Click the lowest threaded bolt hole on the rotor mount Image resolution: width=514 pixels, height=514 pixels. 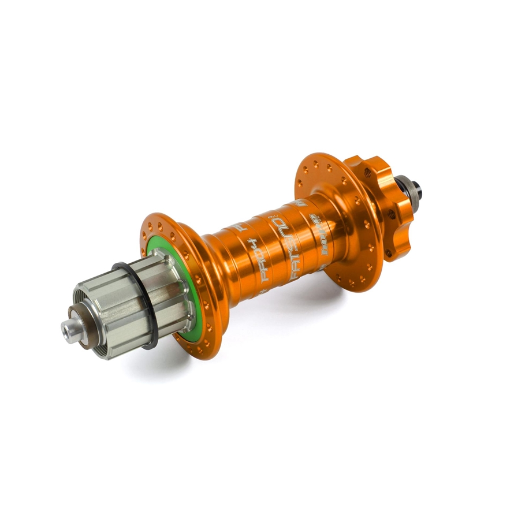tap(388, 252)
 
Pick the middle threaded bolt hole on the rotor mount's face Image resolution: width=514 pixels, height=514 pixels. tap(392, 214)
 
